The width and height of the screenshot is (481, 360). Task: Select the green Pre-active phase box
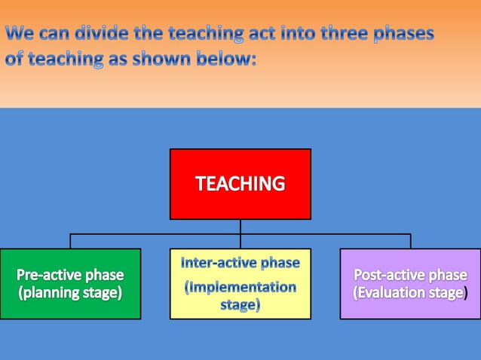[x=70, y=283]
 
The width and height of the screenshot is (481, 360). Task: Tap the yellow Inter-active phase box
[x=240, y=283]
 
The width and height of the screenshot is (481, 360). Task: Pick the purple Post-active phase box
[x=410, y=283]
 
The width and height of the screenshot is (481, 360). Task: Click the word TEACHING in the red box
[x=240, y=183]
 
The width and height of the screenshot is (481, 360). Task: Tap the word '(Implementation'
[x=240, y=287]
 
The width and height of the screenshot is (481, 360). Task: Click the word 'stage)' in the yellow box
[x=240, y=305]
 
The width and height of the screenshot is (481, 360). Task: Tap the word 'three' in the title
[x=326, y=34]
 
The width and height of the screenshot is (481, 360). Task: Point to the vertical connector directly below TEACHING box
[x=240, y=227]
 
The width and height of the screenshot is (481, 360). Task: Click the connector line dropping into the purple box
[x=410, y=241]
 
